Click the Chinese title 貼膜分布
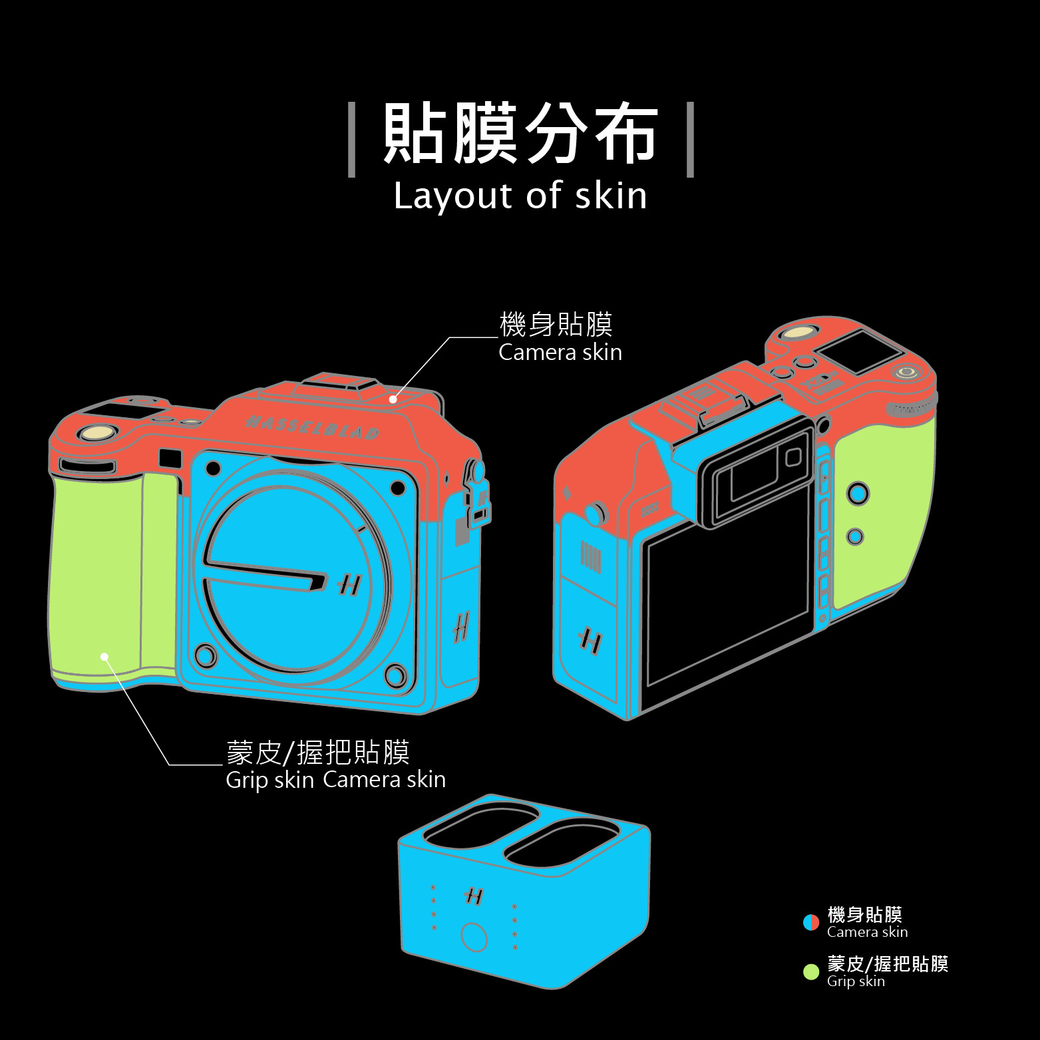[x=520, y=134]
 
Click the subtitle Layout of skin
[x=520, y=196]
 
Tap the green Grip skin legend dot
[x=811, y=972]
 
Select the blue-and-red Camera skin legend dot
[x=811, y=922]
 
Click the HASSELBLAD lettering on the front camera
[x=313, y=427]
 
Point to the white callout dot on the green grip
[x=104, y=657]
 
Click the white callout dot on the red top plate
[x=393, y=399]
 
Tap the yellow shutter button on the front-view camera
[x=94, y=434]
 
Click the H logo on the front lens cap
[x=348, y=585]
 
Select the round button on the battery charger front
[x=474, y=937]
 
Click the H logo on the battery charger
[x=474, y=896]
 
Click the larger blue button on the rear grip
[x=857, y=493]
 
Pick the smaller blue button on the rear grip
[x=855, y=536]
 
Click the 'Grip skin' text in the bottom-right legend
[x=856, y=981]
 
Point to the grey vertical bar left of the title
[x=352, y=140]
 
